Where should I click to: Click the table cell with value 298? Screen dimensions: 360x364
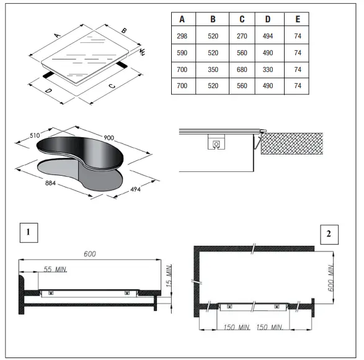tap(182, 36)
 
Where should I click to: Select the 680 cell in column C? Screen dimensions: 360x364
tap(242, 70)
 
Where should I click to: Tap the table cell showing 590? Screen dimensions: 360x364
tap(182, 53)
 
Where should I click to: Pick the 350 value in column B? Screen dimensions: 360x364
tap(211, 70)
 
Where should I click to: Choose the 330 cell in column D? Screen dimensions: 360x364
tap(268, 70)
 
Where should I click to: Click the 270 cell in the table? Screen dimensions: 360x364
tap(242, 36)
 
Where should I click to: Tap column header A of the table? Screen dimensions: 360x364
tap(182, 19)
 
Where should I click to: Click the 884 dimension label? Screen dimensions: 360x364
tap(53, 182)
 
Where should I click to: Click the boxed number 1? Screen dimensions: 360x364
tap(28, 233)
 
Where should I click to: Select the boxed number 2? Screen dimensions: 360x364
tap(329, 233)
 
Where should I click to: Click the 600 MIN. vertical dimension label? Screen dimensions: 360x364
tap(331, 276)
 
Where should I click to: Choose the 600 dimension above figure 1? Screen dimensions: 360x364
tap(91, 254)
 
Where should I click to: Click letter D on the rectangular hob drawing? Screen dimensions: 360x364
tap(48, 91)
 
